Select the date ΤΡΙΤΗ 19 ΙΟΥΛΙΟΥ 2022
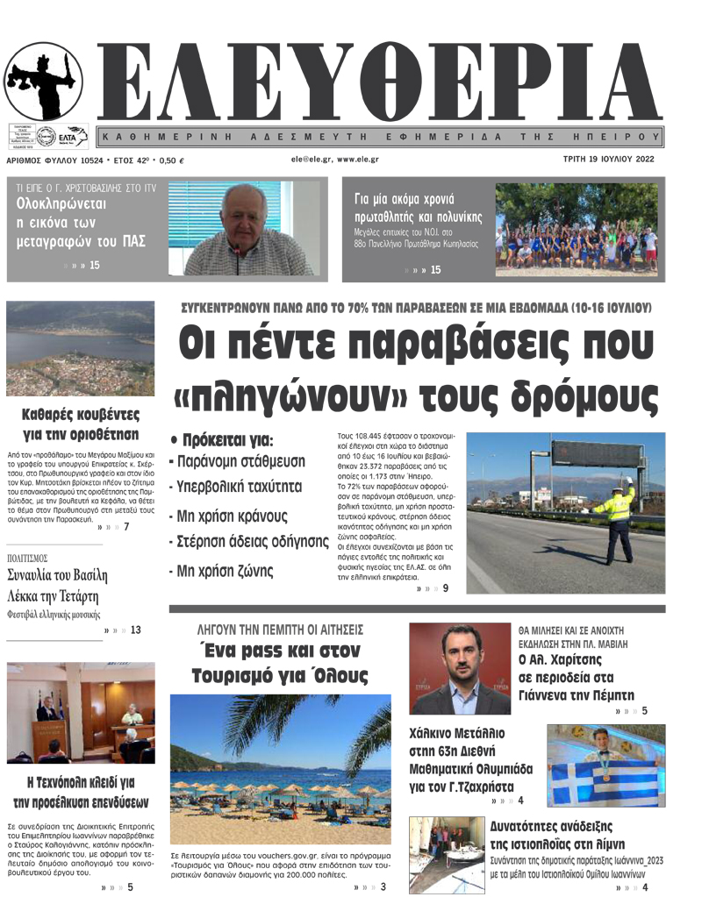click(609, 160)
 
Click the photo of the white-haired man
click(240, 229)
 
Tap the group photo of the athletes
click(576, 229)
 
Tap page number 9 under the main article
click(446, 588)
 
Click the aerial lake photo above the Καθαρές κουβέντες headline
click(80, 349)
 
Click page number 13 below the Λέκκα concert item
click(135, 630)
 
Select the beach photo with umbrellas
click(280, 769)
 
